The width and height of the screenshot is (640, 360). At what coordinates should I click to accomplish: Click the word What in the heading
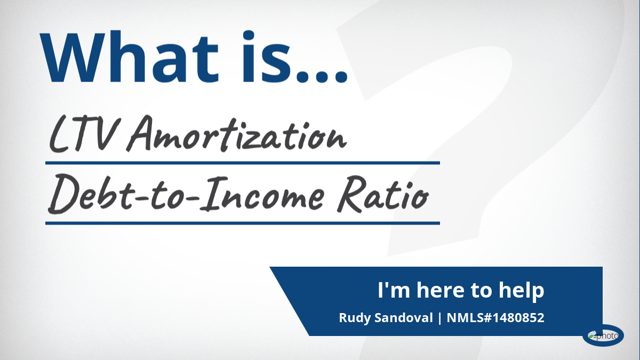pyautogui.click(x=129, y=57)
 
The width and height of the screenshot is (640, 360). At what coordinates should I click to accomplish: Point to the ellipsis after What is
pyautogui.click(x=322, y=76)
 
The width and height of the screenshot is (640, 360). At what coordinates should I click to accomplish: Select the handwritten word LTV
pyautogui.click(x=83, y=134)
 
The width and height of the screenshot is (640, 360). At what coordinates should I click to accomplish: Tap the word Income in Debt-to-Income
pyautogui.click(x=262, y=193)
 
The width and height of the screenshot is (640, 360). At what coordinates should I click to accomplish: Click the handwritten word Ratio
pyautogui.click(x=383, y=194)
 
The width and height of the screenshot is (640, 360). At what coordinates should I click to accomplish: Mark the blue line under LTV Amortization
pyautogui.click(x=243, y=163)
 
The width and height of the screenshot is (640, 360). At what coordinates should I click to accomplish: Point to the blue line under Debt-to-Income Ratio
pyautogui.click(x=243, y=223)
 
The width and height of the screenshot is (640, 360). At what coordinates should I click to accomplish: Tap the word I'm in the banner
pyautogui.click(x=394, y=290)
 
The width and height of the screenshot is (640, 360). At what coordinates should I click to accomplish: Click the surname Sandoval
pyautogui.click(x=404, y=318)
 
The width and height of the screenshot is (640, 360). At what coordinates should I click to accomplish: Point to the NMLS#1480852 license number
pyautogui.click(x=495, y=318)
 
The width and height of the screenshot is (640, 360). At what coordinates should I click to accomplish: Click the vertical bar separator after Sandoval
pyautogui.click(x=439, y=318)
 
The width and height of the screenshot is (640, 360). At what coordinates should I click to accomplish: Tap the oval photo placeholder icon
pyautogui.click(x=603, y=335)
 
